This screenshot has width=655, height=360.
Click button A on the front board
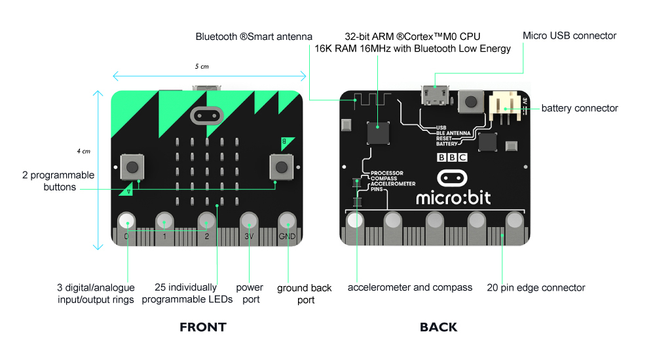coord(132,167)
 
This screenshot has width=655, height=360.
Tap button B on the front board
coord(282,167)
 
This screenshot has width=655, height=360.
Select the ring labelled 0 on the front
coord(126,221)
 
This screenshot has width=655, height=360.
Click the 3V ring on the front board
coord(249,221)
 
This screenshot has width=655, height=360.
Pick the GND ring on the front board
coord(287,221)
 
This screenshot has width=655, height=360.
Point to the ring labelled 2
coord(206,221)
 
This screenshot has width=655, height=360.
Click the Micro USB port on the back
coord(435,95)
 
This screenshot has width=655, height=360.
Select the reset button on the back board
coord(471,101)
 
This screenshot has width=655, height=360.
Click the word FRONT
coord(203,327)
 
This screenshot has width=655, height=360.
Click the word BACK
coord(439,327)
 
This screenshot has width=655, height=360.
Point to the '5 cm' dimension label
coord(202,66)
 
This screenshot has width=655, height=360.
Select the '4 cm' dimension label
coord(84,151)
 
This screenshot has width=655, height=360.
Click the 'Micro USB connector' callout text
coord(569,36)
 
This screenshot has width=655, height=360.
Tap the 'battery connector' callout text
coord(580,108)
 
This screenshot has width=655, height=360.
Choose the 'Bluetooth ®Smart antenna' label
coord(253,37)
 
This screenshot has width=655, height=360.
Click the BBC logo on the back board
coord(452,158)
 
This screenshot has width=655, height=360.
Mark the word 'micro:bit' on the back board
coord(453,198)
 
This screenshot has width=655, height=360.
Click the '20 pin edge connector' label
coord(536,288)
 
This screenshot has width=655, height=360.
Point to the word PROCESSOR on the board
coord(387,173)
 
